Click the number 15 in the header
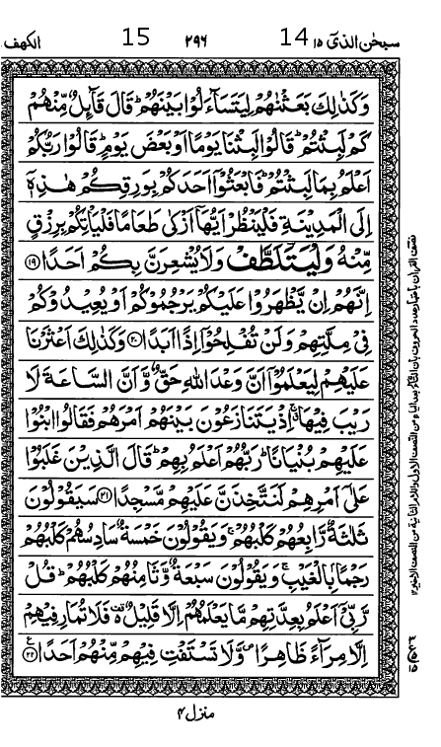coord(136,38)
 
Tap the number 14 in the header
coord(293,38)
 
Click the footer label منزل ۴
coord(209,713)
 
